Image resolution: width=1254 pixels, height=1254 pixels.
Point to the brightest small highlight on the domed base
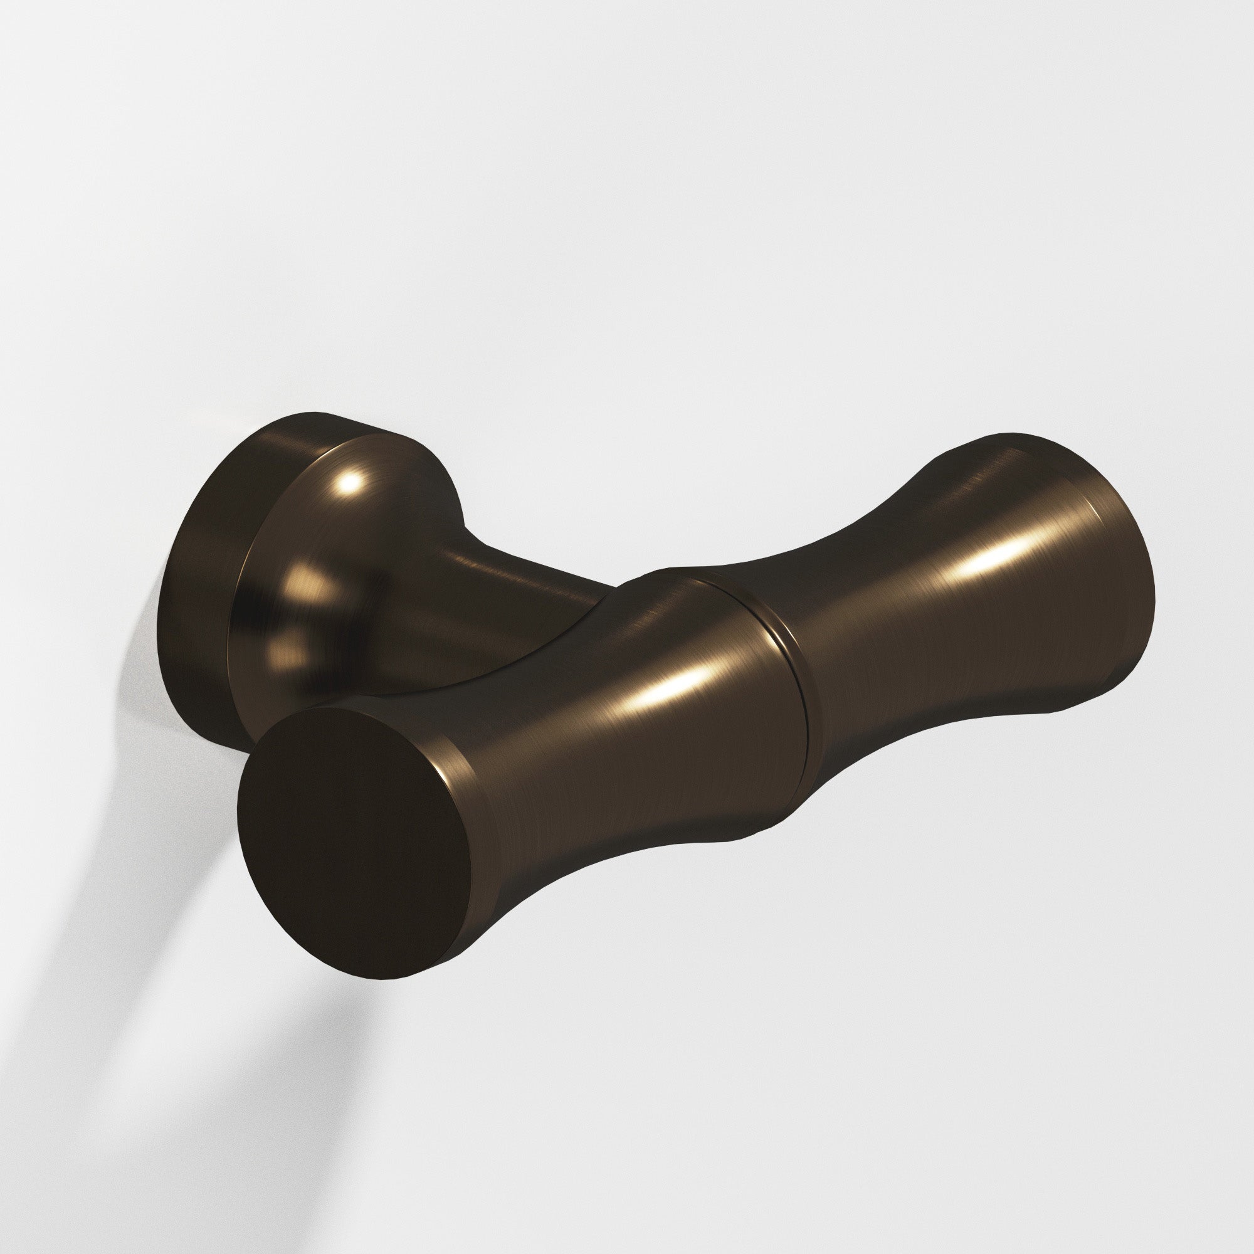[351, 482]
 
